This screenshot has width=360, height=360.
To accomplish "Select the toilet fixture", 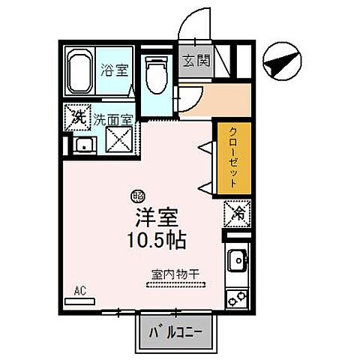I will [157, 75].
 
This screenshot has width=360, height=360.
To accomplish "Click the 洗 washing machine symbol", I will [78, 117].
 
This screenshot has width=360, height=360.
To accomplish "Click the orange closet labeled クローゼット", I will [232, 158].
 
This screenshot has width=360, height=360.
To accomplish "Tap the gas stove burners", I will [238, 297].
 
